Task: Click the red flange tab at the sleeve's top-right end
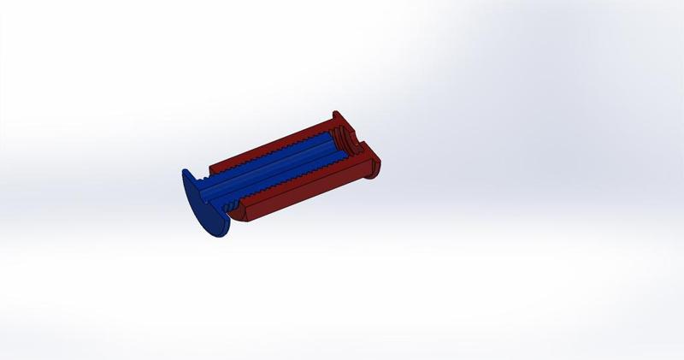(x=336, y=116)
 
